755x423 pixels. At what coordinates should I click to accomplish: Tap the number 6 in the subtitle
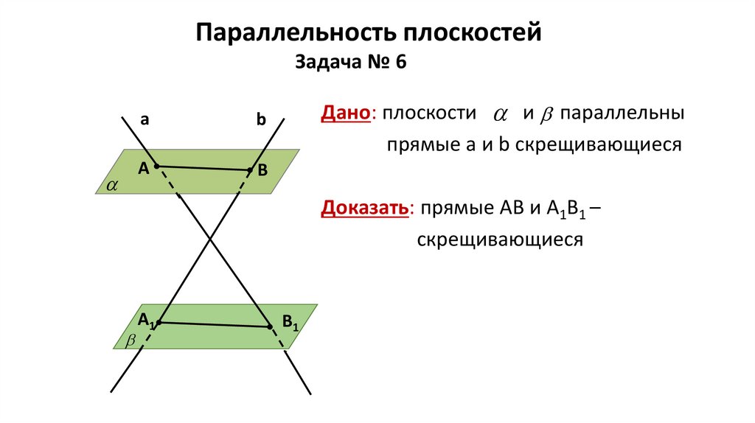point(400,63)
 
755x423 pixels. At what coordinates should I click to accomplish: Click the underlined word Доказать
point(364,208)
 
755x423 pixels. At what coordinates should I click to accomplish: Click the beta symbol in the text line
point(547,116)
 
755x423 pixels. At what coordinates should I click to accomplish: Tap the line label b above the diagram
point(260,120)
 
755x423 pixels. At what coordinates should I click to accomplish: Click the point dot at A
point(156,167)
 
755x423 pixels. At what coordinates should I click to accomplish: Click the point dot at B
point(249,170)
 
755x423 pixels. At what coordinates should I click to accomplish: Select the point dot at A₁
point(159,322)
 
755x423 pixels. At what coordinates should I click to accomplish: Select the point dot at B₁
point(268,325)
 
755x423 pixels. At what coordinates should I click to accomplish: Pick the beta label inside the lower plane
point(131,341)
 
